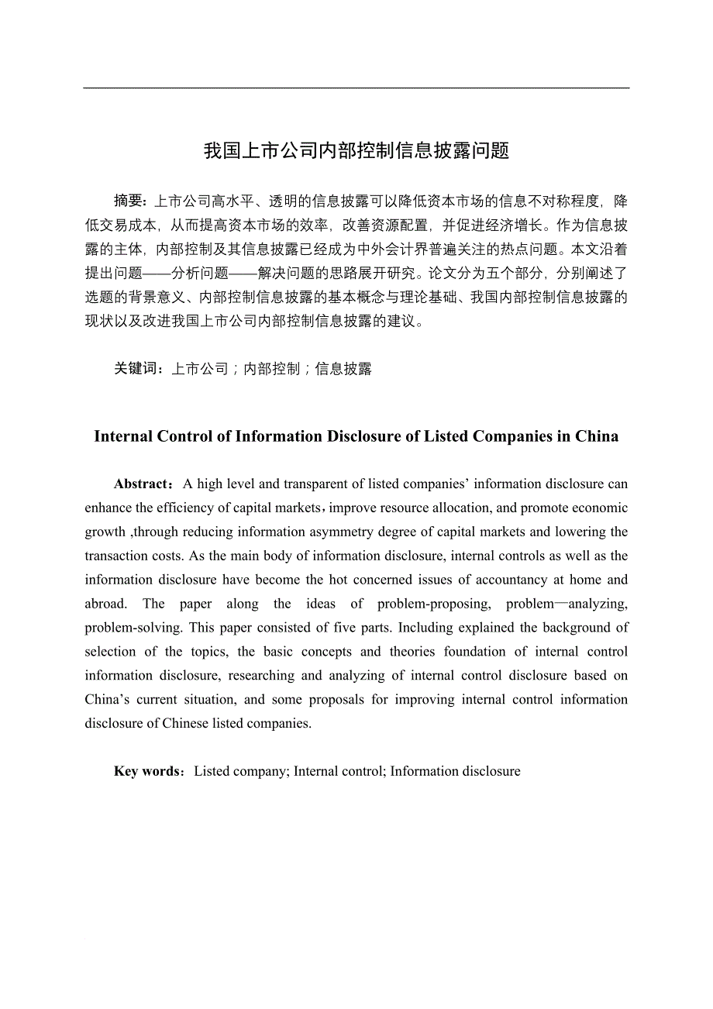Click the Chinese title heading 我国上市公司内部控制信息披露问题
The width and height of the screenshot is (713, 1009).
point(356,151)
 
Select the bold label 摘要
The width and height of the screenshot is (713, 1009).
point(129,201)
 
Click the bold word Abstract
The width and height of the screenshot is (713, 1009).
point(143,484)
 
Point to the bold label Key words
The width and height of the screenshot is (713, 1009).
point(147,771)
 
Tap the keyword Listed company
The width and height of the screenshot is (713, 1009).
point(241,771)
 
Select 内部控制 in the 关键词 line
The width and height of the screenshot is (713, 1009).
point(272,369)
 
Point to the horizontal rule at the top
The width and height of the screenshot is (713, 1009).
point(356,88)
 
